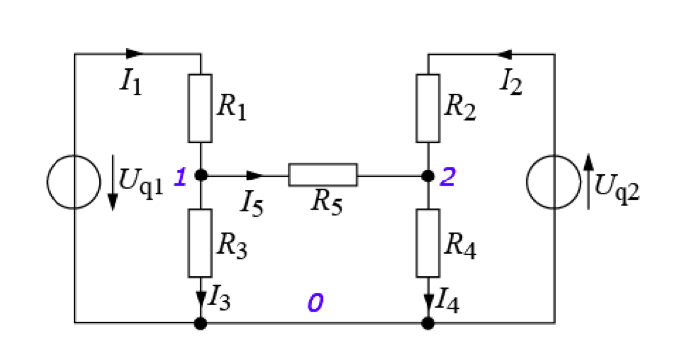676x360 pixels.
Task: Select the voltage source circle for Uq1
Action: [x=47, y=181]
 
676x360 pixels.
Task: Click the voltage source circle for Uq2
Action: [x=527, y=181]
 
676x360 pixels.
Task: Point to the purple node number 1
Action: [x=181, y=178]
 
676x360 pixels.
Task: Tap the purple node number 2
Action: [x=447, y=178]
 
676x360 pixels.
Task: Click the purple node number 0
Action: [x=315, y=302]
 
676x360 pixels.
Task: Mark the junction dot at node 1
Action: [x=201, y=176]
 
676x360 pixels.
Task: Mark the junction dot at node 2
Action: [x=428, y=176]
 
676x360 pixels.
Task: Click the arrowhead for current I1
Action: [x=135, y=54]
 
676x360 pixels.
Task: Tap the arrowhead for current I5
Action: [x=255, y=176]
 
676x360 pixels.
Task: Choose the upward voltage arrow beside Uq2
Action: [x=589, y=181]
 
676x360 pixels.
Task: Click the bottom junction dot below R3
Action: [x=201, y=323]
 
